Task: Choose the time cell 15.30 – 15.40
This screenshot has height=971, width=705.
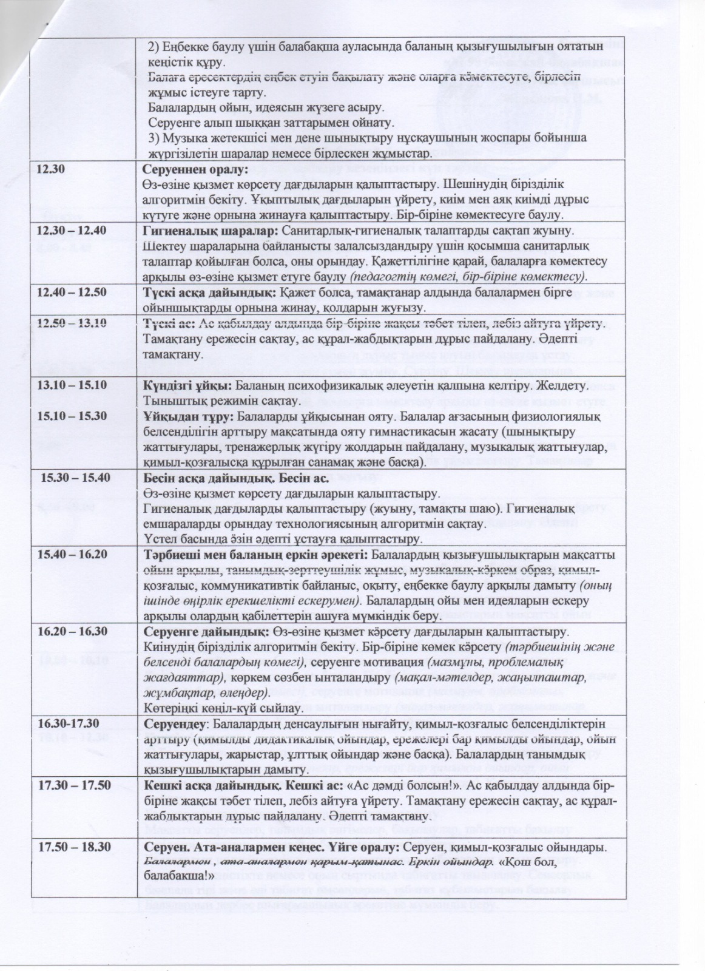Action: (75, 477)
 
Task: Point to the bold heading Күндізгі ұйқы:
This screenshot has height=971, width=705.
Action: (187, 385)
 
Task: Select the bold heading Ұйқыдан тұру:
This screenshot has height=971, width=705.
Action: (188, 416)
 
